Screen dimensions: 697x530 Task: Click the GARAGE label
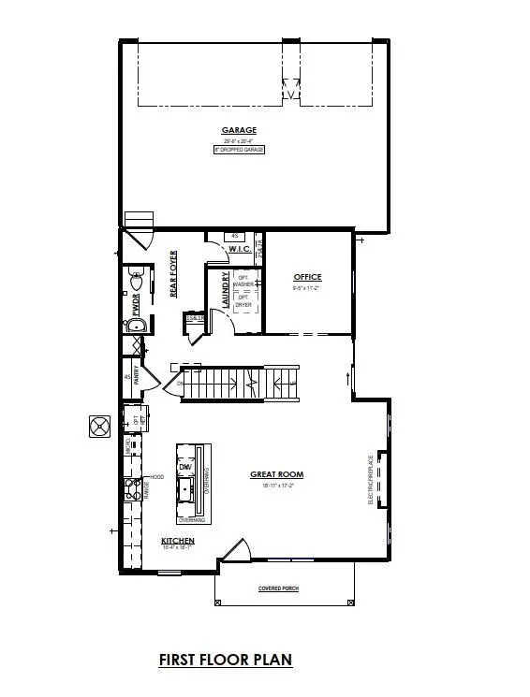(239, 130)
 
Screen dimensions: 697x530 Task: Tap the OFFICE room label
(307, 277)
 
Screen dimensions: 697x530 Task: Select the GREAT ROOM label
(276, 474)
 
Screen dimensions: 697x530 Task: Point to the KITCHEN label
(177, 542)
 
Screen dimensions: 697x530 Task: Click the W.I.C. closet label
(238, 249)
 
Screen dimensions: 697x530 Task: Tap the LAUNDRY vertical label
(225, 291)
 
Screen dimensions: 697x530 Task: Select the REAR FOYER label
(173, 279)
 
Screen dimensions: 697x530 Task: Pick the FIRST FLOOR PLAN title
(225, 660)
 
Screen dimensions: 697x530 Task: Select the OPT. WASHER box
(243, 281)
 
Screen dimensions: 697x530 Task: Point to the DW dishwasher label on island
(184, 467)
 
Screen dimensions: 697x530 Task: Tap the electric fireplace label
(372, 480)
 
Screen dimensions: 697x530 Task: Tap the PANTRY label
(138, 376)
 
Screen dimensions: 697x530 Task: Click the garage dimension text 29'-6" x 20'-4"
(239, 141)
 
